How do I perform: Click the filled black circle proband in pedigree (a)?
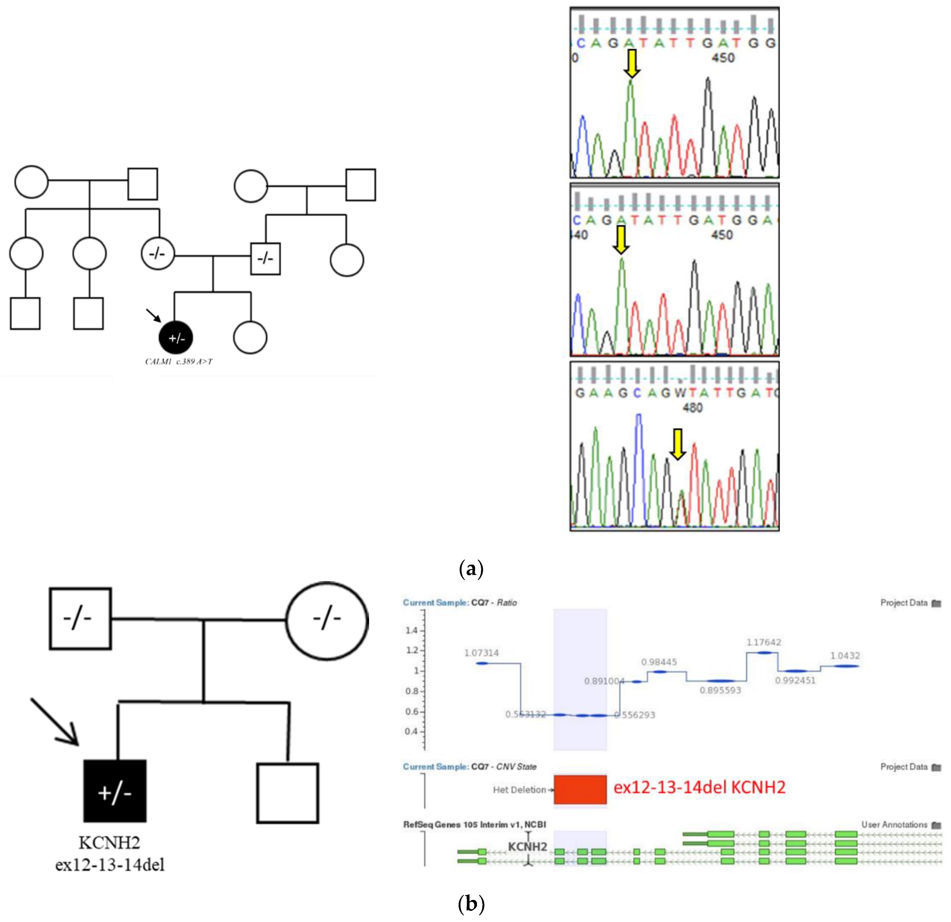point(176,338)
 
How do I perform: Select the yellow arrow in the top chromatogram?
point(631,63)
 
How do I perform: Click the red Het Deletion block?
point(580,789)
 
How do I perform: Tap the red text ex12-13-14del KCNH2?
point(699,787)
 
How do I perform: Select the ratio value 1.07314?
point(481,653)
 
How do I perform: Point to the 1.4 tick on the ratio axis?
point(411,630)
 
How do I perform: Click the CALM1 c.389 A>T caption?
point(179,362)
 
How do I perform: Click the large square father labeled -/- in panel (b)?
point(80,619)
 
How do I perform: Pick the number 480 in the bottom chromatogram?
point(692,408)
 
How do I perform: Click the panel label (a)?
point(471,568)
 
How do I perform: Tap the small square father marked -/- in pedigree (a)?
point(265,259)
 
